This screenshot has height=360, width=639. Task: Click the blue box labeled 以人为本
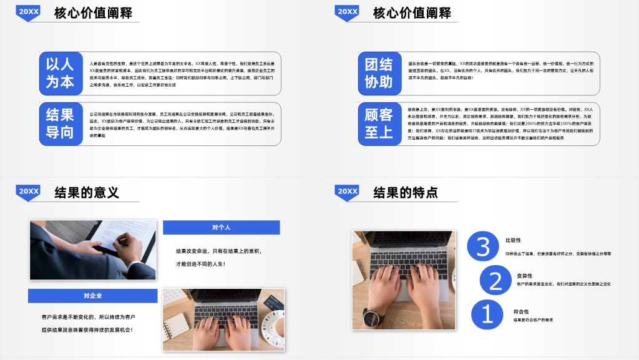60,72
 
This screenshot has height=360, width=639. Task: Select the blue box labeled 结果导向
60,123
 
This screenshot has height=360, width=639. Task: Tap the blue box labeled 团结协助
379,72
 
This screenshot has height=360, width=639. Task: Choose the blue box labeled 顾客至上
379,123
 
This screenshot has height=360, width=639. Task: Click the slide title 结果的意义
87,192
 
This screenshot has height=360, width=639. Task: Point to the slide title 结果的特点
406,192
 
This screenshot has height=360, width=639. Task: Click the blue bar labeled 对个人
221,227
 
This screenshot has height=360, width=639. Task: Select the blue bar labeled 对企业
92,296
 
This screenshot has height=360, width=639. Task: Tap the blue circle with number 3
483,246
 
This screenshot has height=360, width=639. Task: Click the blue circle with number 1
487,314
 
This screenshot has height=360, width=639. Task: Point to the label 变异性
524,275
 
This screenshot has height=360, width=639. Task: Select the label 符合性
521,311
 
